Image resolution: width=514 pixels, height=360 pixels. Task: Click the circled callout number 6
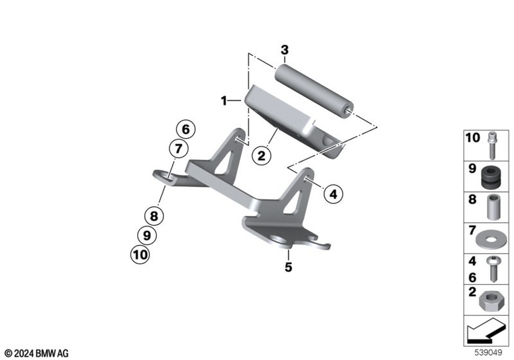pos(186,129)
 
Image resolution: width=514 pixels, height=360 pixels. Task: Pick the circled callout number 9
pos(146,235)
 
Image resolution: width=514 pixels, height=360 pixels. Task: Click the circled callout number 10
pos(141,254)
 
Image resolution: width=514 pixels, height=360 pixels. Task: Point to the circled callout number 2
pos(261,155)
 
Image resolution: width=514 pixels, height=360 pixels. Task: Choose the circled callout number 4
pos(333,194)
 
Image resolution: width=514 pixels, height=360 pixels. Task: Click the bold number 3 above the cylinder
pos(284,50)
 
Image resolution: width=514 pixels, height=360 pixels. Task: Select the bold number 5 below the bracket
pos(288,267)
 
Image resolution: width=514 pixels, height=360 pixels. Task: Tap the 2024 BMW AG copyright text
pos(36,353)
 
